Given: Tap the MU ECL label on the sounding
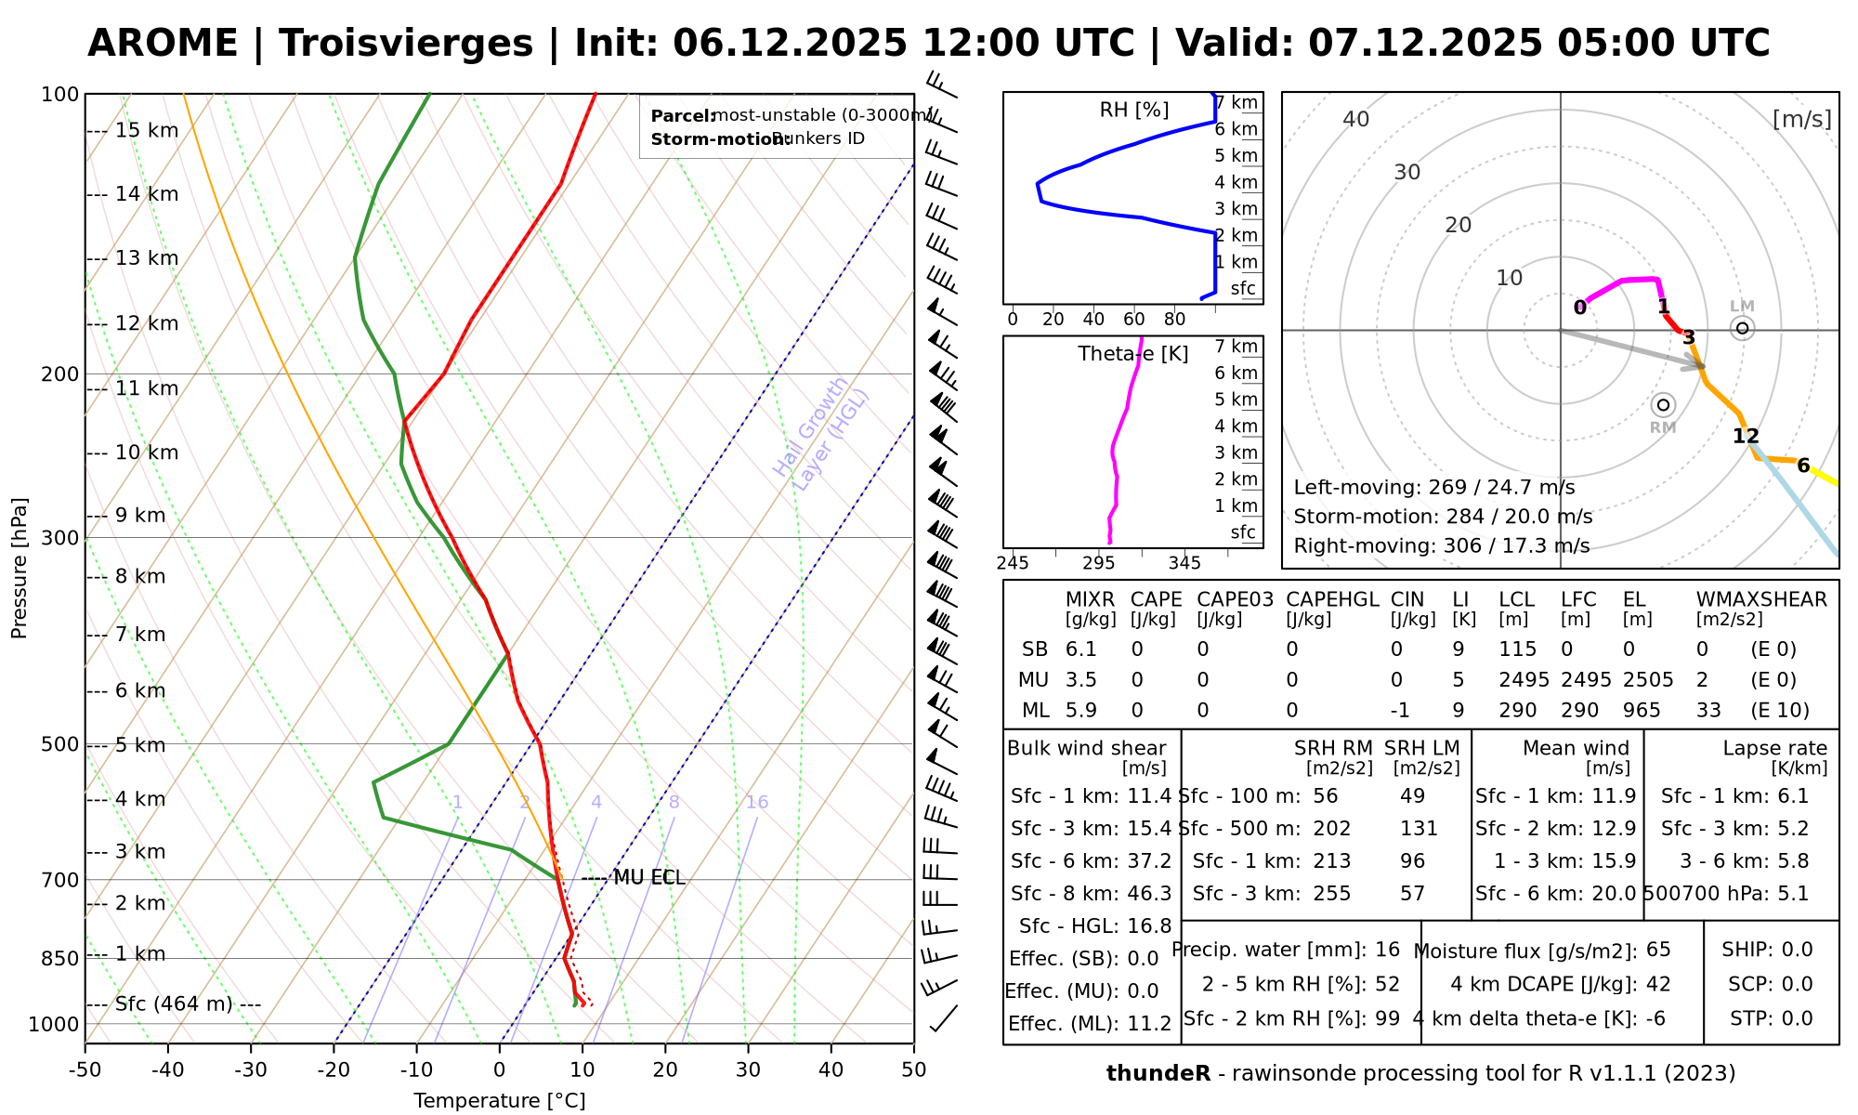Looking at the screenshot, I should click(x=648, y=878).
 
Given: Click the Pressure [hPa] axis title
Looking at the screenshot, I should click(x=20, y=568).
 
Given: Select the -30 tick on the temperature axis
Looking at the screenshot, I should click(x=251, y=1069).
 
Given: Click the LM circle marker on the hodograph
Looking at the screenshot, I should click(x=1743, y=328).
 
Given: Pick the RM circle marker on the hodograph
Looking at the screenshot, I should click(x=1663, y=405).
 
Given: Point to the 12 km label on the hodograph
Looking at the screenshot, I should click(x=1746, y=436).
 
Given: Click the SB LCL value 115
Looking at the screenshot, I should click(x=1518, y=649).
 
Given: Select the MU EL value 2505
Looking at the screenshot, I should click(x=1648, y=680).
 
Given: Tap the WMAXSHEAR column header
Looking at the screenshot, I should click(x=1761, y=599).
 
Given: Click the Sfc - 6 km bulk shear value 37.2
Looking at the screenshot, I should click(x=1147, y=861).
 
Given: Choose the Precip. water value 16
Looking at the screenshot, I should click(x=1387, y=950).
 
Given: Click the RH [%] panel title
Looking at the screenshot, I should click(x=1133, y=111).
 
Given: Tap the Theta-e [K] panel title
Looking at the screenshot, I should click(x=1133, y=354).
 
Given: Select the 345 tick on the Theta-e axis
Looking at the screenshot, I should click(x=1184, y=563).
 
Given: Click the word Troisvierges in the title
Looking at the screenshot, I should click(x=406, y=44).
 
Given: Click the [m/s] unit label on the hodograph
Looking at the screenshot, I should click(x=1802, y=119).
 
